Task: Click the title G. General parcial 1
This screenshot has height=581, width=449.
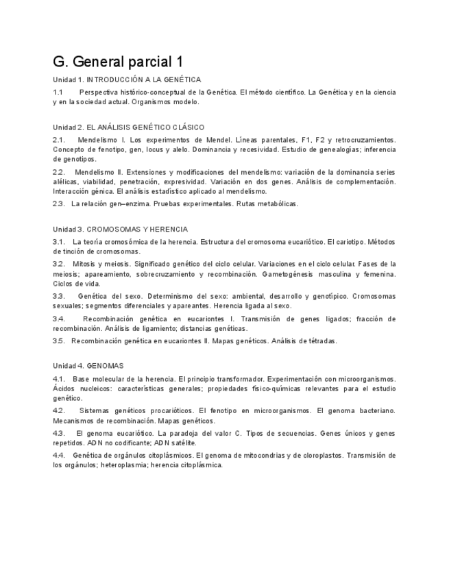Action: (118, 62)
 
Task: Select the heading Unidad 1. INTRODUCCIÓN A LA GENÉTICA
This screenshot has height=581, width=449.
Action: (127, 79)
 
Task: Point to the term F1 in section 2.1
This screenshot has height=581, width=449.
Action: (306, 140)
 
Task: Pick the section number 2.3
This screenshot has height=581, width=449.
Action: (58, 203)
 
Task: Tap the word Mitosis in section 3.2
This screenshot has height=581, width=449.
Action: (84, 264)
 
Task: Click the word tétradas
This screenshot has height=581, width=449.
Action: (320, 341)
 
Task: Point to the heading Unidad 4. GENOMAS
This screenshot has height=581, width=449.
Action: (88, 366)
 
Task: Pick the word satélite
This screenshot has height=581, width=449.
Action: (181, 443)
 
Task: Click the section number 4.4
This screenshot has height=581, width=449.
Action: (58, 455)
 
